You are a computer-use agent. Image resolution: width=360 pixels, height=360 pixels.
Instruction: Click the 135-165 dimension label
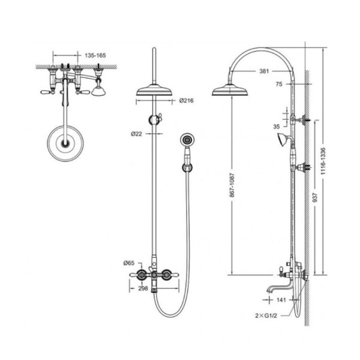(x=95, y=56)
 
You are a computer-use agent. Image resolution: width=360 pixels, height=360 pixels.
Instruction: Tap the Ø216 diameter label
(x=187, y=101)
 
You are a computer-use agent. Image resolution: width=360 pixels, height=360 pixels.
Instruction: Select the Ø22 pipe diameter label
(x=137, y=134)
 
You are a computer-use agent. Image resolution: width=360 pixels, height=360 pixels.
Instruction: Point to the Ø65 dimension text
(x=129, y=263)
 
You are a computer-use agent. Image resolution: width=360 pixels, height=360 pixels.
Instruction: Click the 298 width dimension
(x=143, y=289)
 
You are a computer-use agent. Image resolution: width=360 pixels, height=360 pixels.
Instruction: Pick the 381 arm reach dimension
(x=264, y=71)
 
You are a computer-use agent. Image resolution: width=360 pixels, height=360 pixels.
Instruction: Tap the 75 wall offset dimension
(x=279, y=84)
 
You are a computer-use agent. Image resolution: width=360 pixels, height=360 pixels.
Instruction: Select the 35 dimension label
(x=277, y=127)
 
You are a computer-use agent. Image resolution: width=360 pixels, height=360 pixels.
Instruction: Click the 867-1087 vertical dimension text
(x=232, y=185)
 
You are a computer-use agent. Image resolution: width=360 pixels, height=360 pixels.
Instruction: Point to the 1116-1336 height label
(x=323, y=161)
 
